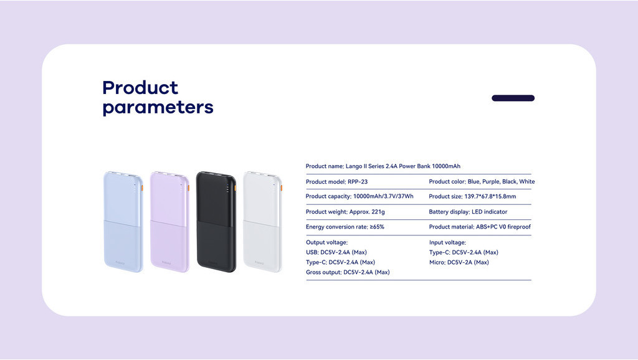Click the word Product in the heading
[140, 88]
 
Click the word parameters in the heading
[158, 108]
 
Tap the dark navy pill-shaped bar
[513, 98]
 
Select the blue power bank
[123, 222]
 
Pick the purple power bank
[169, 222]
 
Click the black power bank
[216, 222]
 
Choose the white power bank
[262, 222]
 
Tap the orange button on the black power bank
[235, 188]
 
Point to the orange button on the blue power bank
[142, 188]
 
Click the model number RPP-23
[358, 182]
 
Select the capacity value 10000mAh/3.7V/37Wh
[383, 196]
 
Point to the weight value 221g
[378, 212]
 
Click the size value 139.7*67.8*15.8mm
[490, 196]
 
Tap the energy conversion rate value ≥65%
[377, 227]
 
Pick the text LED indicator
[490, 212]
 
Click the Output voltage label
[326, 242]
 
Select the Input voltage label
[447, 242]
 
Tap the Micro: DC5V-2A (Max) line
[459, 262]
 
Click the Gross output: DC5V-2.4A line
[348, 272]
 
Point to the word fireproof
[519, 227]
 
